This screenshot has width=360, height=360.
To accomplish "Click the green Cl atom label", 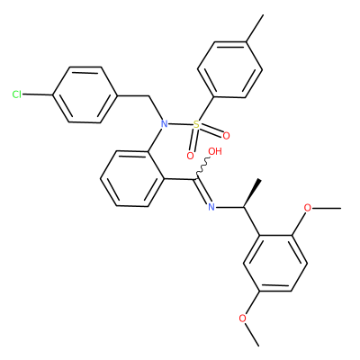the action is (x=17, y=94).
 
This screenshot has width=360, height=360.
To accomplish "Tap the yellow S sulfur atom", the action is (x=196, y=124).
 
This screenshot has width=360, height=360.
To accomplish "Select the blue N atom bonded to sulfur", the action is (x=164, y=123).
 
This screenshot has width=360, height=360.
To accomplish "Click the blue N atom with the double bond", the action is (x=211, y=207).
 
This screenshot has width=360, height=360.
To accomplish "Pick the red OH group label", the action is (x=215, y=151).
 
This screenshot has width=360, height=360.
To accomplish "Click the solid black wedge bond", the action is (x=252, y=193).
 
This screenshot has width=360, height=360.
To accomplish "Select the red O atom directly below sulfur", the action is (x=190, y=156).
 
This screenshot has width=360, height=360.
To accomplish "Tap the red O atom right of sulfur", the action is (x=226, y=136).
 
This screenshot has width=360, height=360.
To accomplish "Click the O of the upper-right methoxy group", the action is (x=308, y=207).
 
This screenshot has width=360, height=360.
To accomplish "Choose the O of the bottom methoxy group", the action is (x=243, y=319).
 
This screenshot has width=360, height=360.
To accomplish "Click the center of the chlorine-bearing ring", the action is (x=85, y=94).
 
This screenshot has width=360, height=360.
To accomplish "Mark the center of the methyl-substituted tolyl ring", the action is (x=230, y=69).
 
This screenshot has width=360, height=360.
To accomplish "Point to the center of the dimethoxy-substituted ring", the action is (x=275, y=263).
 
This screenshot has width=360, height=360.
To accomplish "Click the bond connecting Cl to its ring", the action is (x=38, y=95).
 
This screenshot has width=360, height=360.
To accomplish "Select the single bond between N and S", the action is (x=180, y=124).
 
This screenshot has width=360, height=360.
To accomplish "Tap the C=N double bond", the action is (x=202, y=192).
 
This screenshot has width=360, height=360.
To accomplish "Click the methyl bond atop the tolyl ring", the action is (x=255, y=28).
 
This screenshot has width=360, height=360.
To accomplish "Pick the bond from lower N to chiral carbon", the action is (x=229, y=207).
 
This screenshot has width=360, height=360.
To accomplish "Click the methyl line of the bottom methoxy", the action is (x=252, y=335).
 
